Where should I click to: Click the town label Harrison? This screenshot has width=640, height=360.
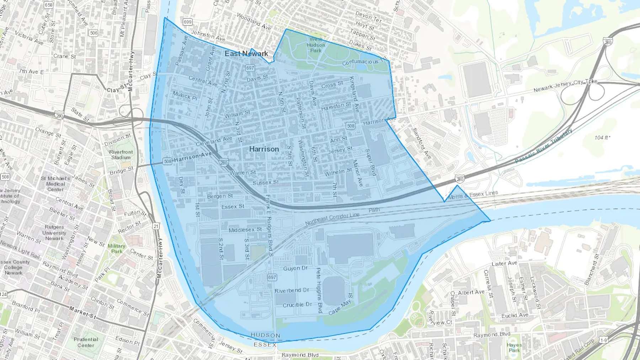pyautogui.click(x=264, y=149)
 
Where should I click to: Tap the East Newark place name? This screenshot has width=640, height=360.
pyautogui.click(x=246, y=54)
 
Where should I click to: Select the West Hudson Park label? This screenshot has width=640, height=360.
pyautogui.click(x=316, y=45)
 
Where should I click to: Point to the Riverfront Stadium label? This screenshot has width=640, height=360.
pyautogui.click(x=121, y=155)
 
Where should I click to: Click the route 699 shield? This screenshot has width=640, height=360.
pyautogui.click(x=187, y=22)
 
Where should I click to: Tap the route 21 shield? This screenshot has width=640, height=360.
pyautogui.click(x=156, y=226)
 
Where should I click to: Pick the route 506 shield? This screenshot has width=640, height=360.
pyautogui.click(x=94, y=33)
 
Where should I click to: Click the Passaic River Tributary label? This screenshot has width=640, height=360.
pyautogui.click(x=544, y=146)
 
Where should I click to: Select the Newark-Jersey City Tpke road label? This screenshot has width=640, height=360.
pyautogui.click(x=565, y=86)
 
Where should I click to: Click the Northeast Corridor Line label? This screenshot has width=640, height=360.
pyautogui.click(x=332, y=219)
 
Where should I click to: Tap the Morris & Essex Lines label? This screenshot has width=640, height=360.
pyautogui.click(x=473, y=195)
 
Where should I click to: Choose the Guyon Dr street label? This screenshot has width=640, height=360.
pyautogui.click(x=295, y=268)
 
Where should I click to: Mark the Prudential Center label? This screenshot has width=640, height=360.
pyautogui.click(x=86, y=342)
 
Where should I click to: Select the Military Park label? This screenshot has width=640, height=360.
pyautogui.click(x=116, y=248)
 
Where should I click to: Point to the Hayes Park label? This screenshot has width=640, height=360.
pyautogui.click(x=514, y=348)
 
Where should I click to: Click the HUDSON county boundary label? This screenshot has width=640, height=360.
pyautogui.click(x=265, y=335)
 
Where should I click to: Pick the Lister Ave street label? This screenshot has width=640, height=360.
pyautogui.click(x=504, y=263)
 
